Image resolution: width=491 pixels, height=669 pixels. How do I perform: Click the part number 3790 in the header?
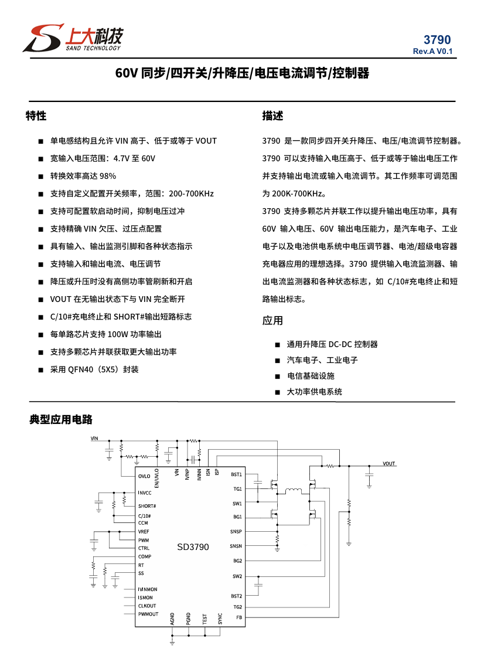point(437,40)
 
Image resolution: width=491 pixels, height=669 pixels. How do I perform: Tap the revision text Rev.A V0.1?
point(432,52)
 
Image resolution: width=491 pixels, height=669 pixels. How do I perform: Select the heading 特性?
point(36,116)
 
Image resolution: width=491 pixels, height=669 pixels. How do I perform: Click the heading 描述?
point(272,116)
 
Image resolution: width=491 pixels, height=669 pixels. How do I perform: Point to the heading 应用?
point(272,320)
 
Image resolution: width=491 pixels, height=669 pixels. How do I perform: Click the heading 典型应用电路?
point(61,420)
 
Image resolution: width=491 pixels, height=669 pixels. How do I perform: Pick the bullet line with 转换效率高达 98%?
point(83,176)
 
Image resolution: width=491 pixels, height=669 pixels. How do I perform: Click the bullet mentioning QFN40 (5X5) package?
point(94,369)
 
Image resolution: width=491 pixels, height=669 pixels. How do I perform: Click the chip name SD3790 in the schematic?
point(193,547)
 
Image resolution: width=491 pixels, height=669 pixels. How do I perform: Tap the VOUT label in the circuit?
point(389,464)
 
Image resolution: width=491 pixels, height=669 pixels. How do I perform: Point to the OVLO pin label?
point(144,477)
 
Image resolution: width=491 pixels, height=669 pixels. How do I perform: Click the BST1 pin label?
point(236,474)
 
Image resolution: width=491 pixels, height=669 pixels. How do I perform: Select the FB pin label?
point(238,617)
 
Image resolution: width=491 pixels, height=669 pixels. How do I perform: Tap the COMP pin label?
point(145,556)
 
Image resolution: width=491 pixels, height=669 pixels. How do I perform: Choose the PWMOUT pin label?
point(148,614)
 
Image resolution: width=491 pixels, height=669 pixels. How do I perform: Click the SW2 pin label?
point(237,576)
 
